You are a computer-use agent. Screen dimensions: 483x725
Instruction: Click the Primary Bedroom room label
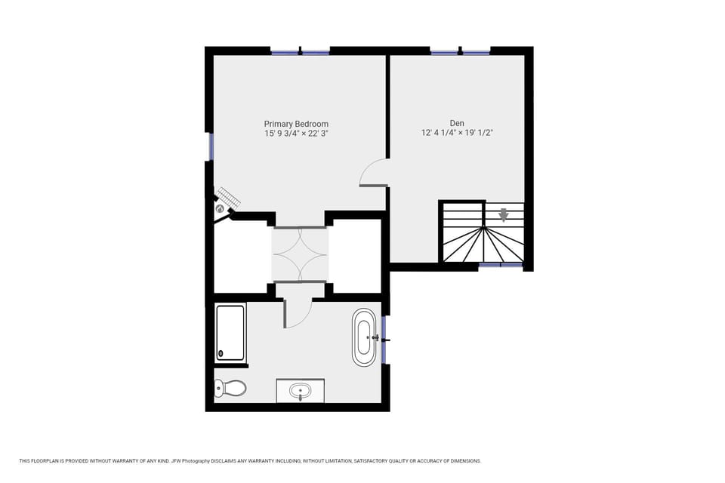point(296,124)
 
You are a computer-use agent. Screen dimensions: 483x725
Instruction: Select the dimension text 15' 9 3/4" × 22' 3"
point(296,134)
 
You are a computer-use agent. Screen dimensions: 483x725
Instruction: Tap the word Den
point(457,123)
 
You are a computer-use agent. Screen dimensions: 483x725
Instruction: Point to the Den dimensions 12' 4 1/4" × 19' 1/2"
point(457,133)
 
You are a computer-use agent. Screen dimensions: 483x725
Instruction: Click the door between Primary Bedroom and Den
point(375,174)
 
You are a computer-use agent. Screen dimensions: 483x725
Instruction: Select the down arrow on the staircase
point(504,216)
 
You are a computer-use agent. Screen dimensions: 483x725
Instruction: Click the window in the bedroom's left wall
point(211,146)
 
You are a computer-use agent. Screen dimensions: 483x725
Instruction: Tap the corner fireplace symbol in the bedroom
point(221,208)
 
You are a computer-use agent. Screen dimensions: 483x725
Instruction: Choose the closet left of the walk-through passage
point(242,257)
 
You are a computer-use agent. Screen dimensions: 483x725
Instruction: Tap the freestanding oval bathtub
point(364,337)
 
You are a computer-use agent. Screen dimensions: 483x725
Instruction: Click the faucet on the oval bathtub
point(375,337)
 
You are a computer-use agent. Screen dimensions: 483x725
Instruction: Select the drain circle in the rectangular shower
point(221,352)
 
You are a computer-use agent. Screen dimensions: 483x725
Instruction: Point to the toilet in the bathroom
point(230,388)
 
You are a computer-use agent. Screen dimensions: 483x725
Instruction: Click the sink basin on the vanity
point(301,392)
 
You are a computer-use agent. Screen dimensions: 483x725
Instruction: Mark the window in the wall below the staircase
point(500,265)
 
